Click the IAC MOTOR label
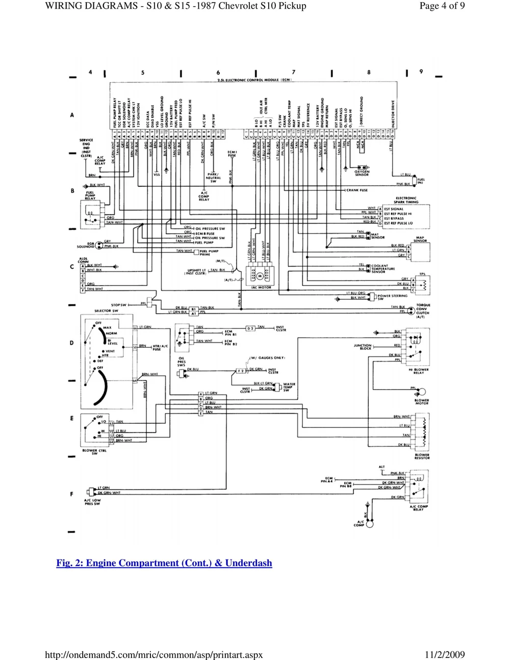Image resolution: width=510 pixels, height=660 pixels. (261, 288)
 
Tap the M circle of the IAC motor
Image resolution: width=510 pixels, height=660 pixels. (259, 276)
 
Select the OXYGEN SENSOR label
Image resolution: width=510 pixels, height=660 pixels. (362, 173)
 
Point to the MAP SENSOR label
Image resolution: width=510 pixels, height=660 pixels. (420, 239)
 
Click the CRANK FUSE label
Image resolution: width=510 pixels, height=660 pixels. (357, 190)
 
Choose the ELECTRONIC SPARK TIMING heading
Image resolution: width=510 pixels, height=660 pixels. (406, 200)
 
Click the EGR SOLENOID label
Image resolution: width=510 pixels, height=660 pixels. (87, 245)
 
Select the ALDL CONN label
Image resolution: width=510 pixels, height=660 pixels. (83, 261)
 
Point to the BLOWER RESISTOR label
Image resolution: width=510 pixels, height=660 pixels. (422, 456)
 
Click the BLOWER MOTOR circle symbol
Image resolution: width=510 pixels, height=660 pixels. (421, 392)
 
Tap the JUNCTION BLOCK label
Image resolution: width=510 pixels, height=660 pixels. (362, 347)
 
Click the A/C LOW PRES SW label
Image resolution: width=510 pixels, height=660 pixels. (92, 502)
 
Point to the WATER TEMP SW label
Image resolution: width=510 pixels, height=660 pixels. (289, 387)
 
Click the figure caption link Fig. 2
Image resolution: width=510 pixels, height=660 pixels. (164, 563)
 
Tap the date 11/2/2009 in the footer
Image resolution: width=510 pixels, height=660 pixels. (444, 654)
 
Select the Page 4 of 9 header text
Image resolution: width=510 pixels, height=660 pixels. (442, 6)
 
